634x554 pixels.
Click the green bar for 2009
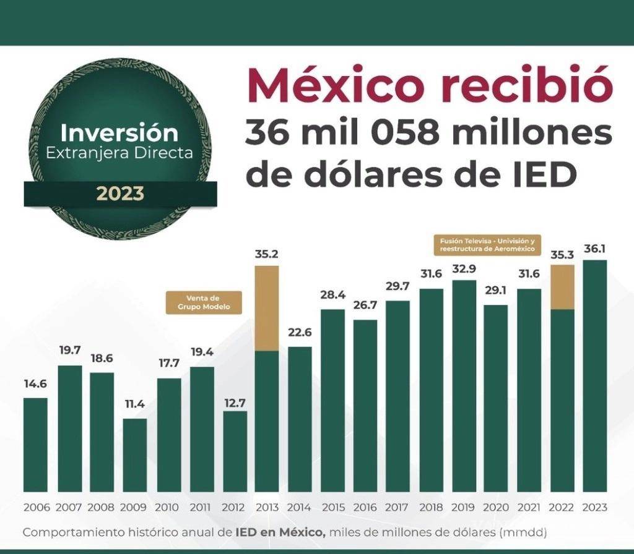(x=134, y=455)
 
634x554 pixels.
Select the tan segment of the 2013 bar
(x=267, y=308)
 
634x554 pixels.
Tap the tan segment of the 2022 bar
(x=562, y=287)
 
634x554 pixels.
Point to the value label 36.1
(x=594, y=249)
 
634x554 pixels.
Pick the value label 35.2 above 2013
(x=267, y=254)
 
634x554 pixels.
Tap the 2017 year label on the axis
(x=397, y=508)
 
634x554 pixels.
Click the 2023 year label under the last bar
(x=594, y=508)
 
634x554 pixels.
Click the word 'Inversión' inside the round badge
(x=119, y=132)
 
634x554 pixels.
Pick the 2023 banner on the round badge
(x=120, y=194)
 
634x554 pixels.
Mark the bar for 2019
(x=463, y=386)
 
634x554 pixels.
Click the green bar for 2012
(x=235, y=451)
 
